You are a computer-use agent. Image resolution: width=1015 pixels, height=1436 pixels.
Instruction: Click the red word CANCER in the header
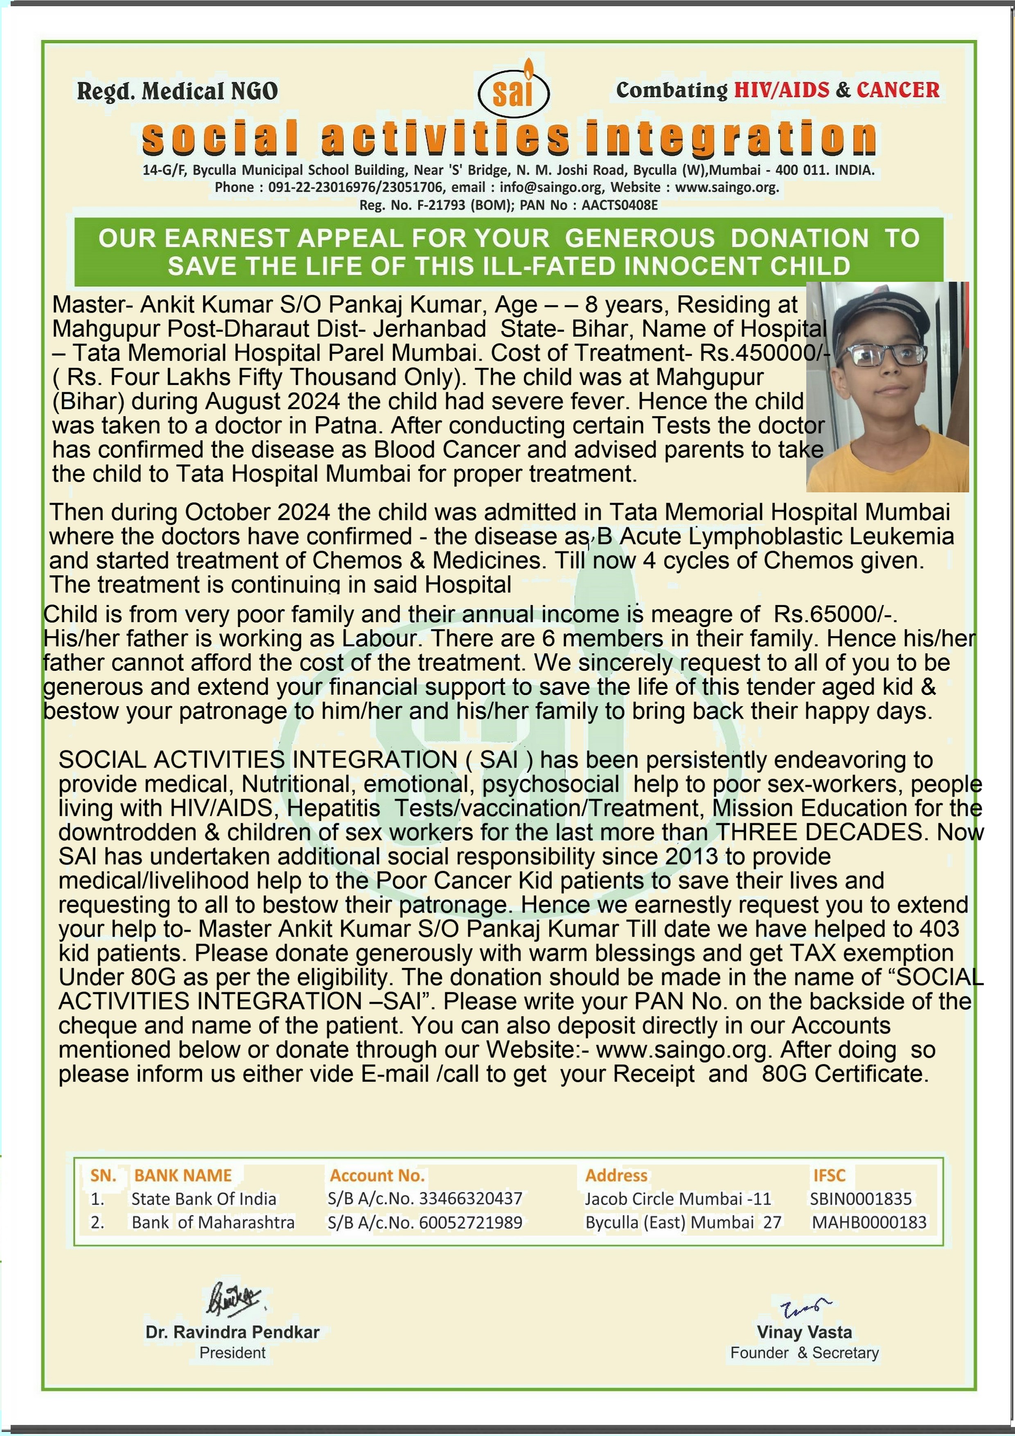click(898, 90)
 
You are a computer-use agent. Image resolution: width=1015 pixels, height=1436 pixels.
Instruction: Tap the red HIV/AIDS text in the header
click(781, 90)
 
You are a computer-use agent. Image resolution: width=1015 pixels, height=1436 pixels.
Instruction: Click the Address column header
click(616, 1176)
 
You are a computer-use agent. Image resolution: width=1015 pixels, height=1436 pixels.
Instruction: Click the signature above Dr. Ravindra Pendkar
click(232, 1299)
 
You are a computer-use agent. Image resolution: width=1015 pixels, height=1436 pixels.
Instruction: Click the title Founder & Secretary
click(804, 1353)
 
